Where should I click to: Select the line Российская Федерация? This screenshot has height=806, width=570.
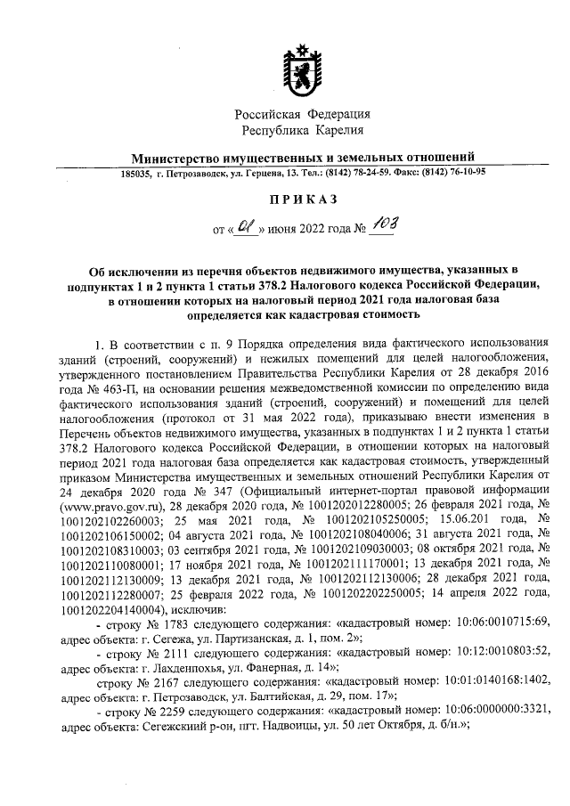pyautogui.click(x=302, y=114)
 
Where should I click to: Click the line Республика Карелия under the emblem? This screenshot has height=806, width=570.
pyautogui.click(x=302, y=131)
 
